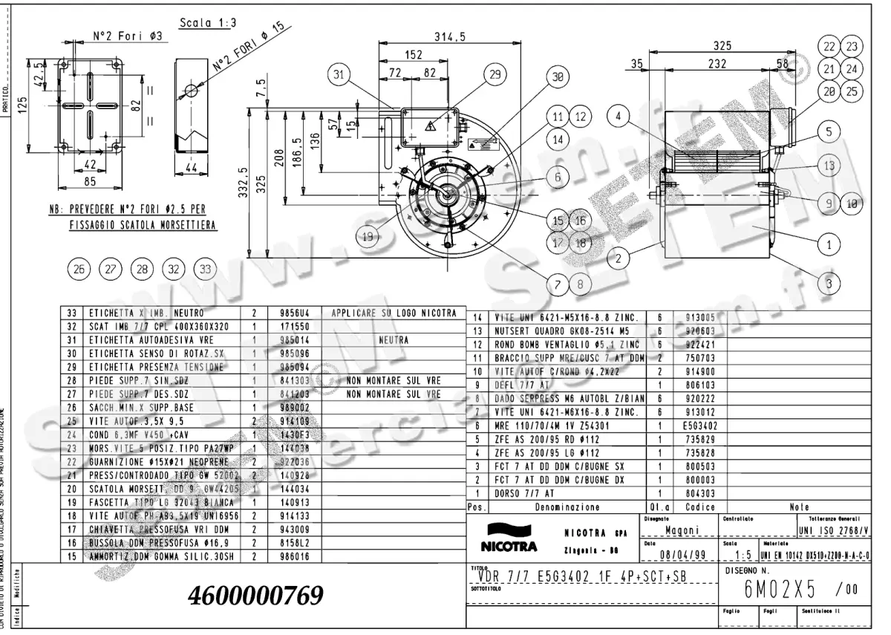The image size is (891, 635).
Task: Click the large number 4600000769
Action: pos(256,596)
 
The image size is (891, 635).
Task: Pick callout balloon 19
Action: pos(366,237)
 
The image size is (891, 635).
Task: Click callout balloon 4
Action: pos(620,116)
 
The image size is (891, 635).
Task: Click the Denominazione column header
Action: pos(567,507)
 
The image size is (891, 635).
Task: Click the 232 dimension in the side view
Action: pos(717,65)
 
